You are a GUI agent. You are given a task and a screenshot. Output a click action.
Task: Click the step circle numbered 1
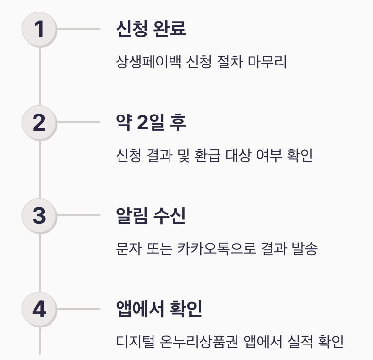pyautogui.click(x=39, y=29)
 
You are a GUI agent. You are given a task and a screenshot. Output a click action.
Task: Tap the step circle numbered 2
pyautogui.click(x=39, y=122)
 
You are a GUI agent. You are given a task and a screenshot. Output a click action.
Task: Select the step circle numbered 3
pyautogui.click(x=39, y=215)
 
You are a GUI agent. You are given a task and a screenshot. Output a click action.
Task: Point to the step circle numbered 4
pyautogui.click(x=39, y=309)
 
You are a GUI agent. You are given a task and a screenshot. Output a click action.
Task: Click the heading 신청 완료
pyautogui.click(x=151, y=29)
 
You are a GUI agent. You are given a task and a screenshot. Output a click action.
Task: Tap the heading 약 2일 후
pyautogui.click(x=151, y=122)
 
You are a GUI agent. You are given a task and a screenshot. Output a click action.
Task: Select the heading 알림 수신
pyautogui.click(x=151, y=215)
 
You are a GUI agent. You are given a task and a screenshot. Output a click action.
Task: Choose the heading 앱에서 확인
pyautogui.click(x=159, y=309)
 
